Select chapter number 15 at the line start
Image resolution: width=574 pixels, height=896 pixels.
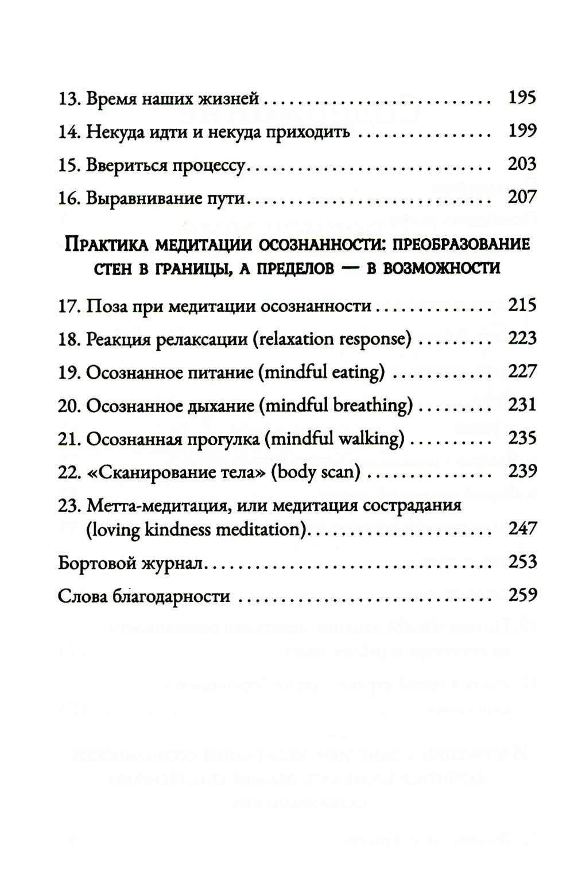pyautogui.click(x=69, y=165)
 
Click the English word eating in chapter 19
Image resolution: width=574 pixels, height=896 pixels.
pyautogui.click(x=357, y=373)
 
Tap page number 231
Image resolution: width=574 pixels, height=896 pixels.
pyautogui.click(x=522, y=405)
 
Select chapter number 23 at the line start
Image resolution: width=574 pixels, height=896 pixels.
pyautogui.click(x=69, y=506)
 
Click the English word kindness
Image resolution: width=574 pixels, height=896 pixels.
pyautogui.click(x=177, y=529)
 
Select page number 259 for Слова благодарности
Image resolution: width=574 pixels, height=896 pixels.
pyautogui.click(x=522, y=595)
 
